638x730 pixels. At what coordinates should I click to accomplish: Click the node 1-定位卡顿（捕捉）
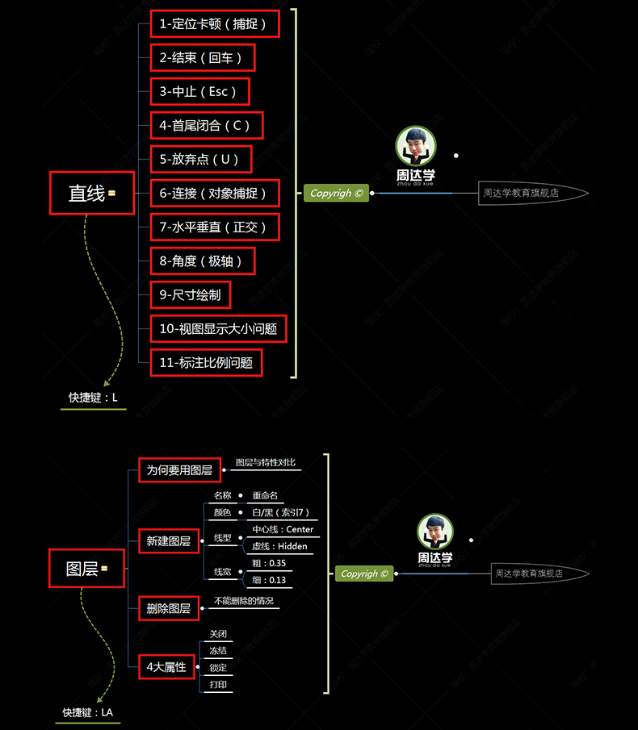214,24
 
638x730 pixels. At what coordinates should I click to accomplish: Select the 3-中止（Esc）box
199,91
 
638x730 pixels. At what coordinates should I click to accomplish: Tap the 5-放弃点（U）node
200,159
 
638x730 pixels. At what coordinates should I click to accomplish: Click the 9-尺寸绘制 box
190,294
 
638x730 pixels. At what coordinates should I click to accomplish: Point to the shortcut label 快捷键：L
94,398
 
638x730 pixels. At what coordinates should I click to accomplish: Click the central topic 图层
82,569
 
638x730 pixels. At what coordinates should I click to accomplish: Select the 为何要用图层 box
179,469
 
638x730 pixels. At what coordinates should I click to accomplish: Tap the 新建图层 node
169,540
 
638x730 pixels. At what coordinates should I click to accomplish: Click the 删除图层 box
169,608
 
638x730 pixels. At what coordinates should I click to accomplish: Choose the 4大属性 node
167,667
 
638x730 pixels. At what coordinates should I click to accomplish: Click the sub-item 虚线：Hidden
280,546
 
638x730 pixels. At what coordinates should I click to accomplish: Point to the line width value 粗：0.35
269,563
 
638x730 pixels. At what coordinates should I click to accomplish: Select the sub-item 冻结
218,650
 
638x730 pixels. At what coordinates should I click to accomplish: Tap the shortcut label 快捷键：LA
88,713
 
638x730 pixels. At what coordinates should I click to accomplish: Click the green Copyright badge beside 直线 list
337,193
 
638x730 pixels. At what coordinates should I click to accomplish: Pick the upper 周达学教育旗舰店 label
521,193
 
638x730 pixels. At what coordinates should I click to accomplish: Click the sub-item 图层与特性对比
265,463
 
